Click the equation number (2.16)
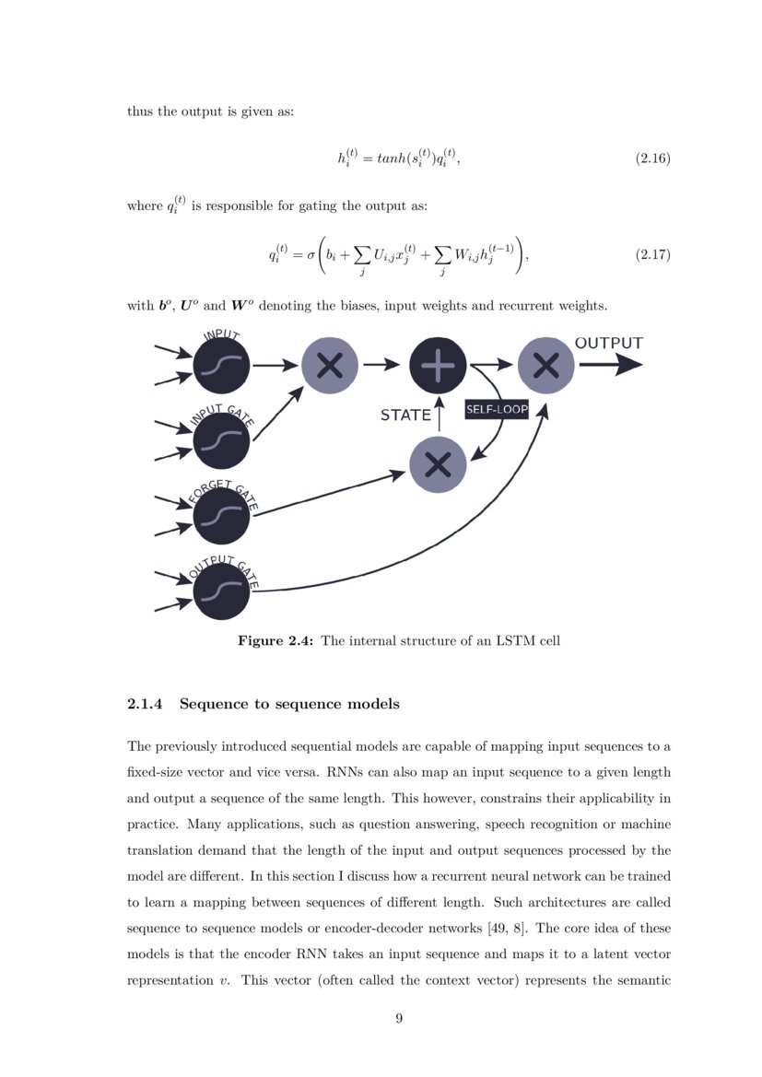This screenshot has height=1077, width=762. click(652, 159)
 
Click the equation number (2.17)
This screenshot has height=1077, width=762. click(652, 254)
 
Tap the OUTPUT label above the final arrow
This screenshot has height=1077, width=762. click(609, 344)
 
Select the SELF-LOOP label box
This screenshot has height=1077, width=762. click(497, 409)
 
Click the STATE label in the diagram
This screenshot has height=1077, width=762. click(405, 416)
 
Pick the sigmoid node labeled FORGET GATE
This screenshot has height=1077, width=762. click(222, 516)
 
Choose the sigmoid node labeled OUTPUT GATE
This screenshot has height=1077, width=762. click(222, 591)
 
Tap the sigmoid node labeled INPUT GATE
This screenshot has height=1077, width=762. click(222, 441)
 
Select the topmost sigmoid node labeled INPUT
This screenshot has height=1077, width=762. click(222, 366)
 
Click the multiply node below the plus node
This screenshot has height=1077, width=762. click(438, 464)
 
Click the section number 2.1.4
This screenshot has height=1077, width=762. click(145, 705)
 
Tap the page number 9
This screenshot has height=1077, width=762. click(399, 1018)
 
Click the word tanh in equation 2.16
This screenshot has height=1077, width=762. click(387, 159)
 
